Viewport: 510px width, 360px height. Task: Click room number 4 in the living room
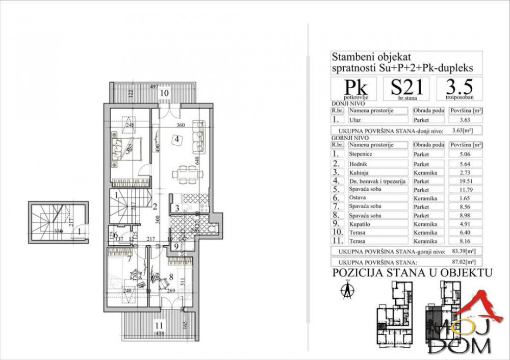[x=175, y=139]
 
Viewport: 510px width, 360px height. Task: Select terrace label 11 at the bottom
[x=160, y=323]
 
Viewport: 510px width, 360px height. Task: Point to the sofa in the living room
[x=199, y=136]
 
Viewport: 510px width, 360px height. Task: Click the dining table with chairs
[x=183, y=175]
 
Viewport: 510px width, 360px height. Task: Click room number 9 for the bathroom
[x=175, y=247]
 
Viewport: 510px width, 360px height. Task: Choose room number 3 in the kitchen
[x=175, y=208]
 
